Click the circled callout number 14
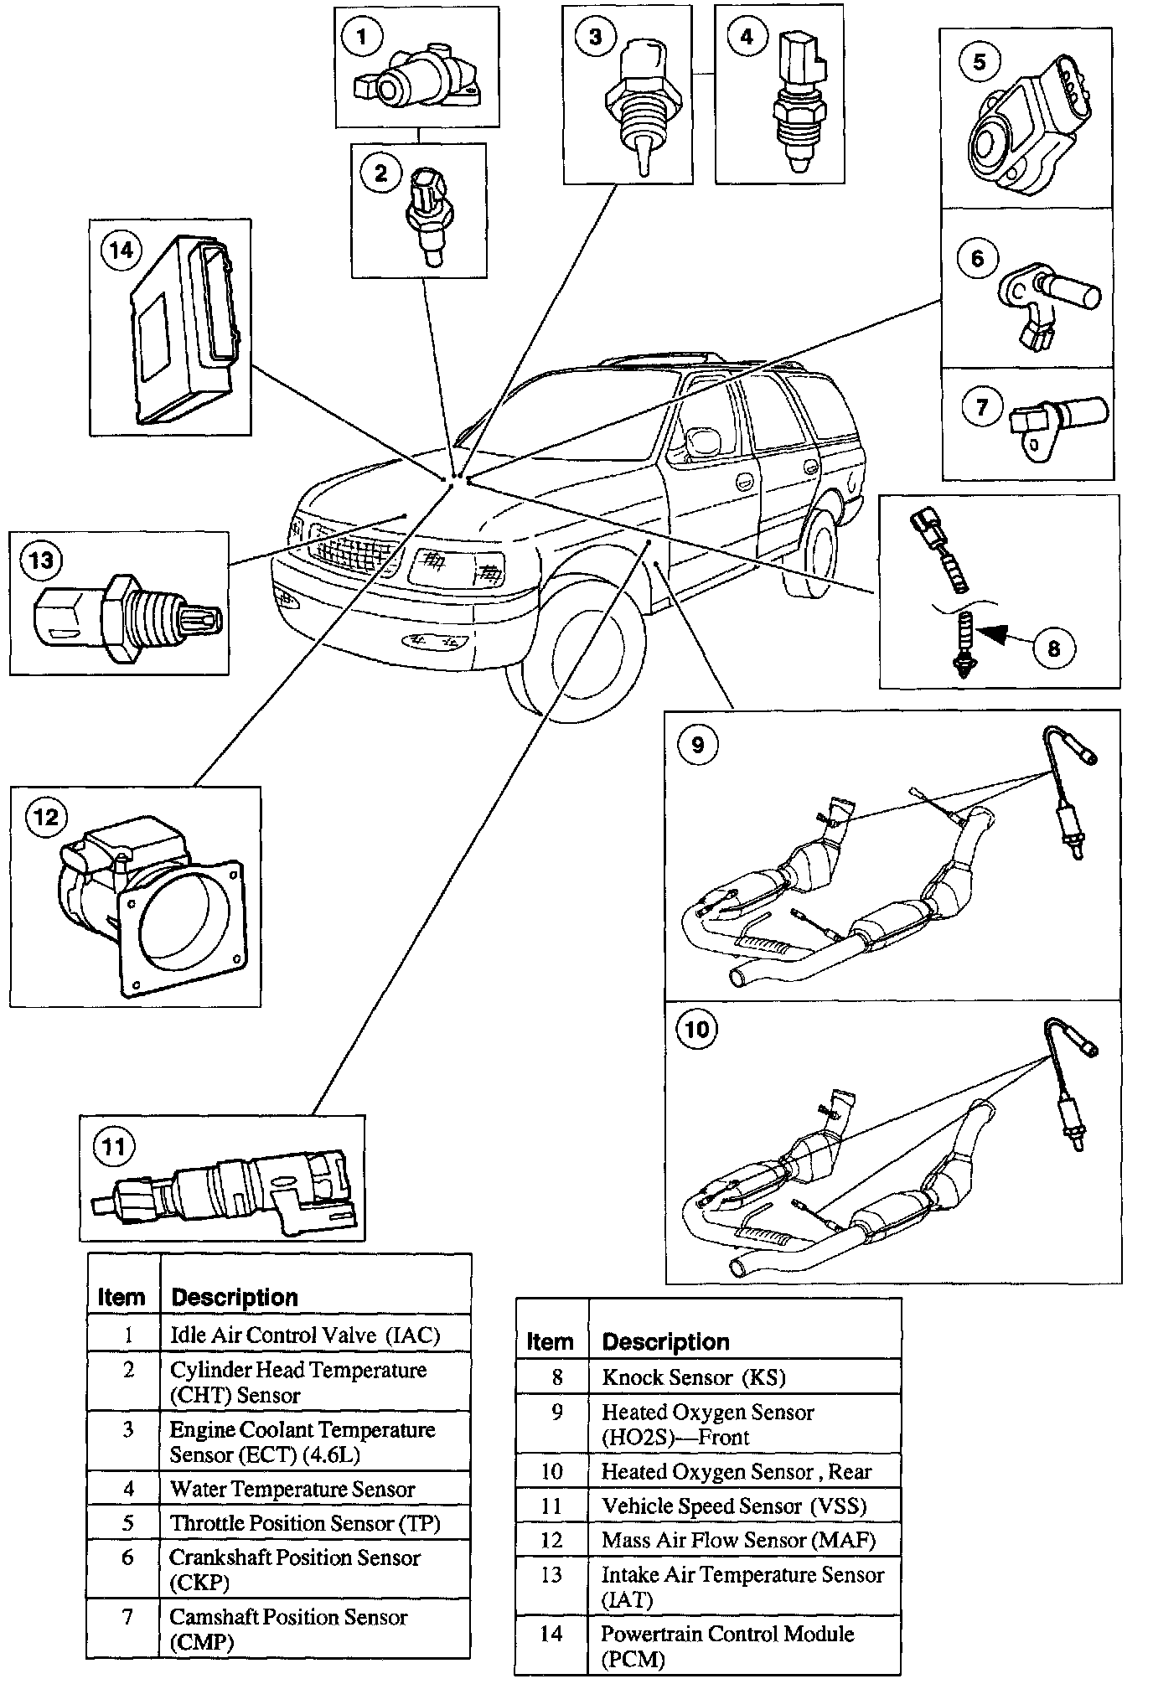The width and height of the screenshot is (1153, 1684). [121, 251]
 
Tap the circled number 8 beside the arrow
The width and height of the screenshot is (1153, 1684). [1053, 648]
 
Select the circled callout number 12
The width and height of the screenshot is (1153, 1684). [45, 816]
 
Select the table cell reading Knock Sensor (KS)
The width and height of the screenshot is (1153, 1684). [693, 1377]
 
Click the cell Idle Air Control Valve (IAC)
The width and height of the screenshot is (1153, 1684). [305, 1335]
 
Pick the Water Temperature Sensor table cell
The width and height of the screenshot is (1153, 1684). [292, 1490]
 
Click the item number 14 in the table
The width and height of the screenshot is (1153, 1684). [551, 1633]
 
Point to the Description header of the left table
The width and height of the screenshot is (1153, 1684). [235, 1298]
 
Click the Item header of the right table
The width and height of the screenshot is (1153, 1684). [550, 1342]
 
